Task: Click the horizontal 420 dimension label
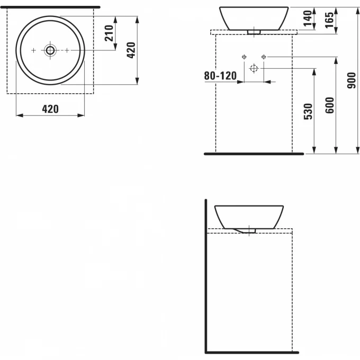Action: [x=50, y=109]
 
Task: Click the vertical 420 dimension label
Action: [x=131, y=50]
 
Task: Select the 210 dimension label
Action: [x=109, y=33]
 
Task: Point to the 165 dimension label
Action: [x=330, y=20]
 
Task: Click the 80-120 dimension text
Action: [x=220, y=76]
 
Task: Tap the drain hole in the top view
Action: [x=50, y=50]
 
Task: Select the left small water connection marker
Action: [x=244, y=57]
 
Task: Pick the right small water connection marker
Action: [x=263, y=57]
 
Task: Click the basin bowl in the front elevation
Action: [x=254, y=18]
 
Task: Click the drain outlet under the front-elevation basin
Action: [x=254, y=32]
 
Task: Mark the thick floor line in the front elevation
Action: [x=254, y=154]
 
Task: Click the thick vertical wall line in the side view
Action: [x=205, y=275]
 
